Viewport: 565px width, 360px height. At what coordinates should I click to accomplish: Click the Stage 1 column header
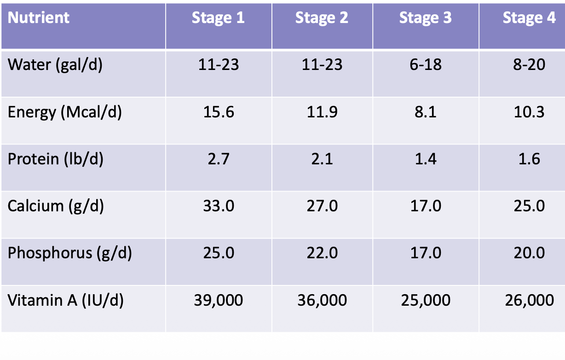[218, 18]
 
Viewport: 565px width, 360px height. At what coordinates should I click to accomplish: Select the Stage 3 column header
[425, 18]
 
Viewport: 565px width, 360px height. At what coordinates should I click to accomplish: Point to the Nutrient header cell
[39, 18]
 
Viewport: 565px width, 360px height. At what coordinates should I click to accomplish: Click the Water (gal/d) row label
[55, 65]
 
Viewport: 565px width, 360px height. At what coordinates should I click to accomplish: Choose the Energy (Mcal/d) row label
[65, 112]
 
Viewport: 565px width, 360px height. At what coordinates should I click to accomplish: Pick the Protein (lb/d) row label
[56, 159]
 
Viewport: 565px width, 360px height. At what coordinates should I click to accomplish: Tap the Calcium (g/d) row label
[56, 206]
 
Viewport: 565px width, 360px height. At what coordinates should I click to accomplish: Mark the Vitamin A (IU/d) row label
[66, 301]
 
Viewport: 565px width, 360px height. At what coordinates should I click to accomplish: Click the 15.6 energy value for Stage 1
[219, 112]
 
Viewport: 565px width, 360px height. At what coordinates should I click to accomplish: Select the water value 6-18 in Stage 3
[426, 65]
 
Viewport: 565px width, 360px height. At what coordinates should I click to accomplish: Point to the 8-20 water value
[530, 65]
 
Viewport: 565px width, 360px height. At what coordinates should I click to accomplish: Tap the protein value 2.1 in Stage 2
[322, 159]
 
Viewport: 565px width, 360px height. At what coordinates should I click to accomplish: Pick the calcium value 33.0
[219, 206]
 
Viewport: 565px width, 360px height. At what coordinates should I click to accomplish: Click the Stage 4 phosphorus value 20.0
[530, 253]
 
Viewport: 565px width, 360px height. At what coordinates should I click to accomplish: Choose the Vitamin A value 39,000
[219, 301]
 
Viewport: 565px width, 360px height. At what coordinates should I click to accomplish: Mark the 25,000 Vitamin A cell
[426, 301]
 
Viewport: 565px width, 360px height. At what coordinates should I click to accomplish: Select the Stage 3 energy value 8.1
[426, 112]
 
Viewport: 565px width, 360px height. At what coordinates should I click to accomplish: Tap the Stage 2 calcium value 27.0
[322, 206]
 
